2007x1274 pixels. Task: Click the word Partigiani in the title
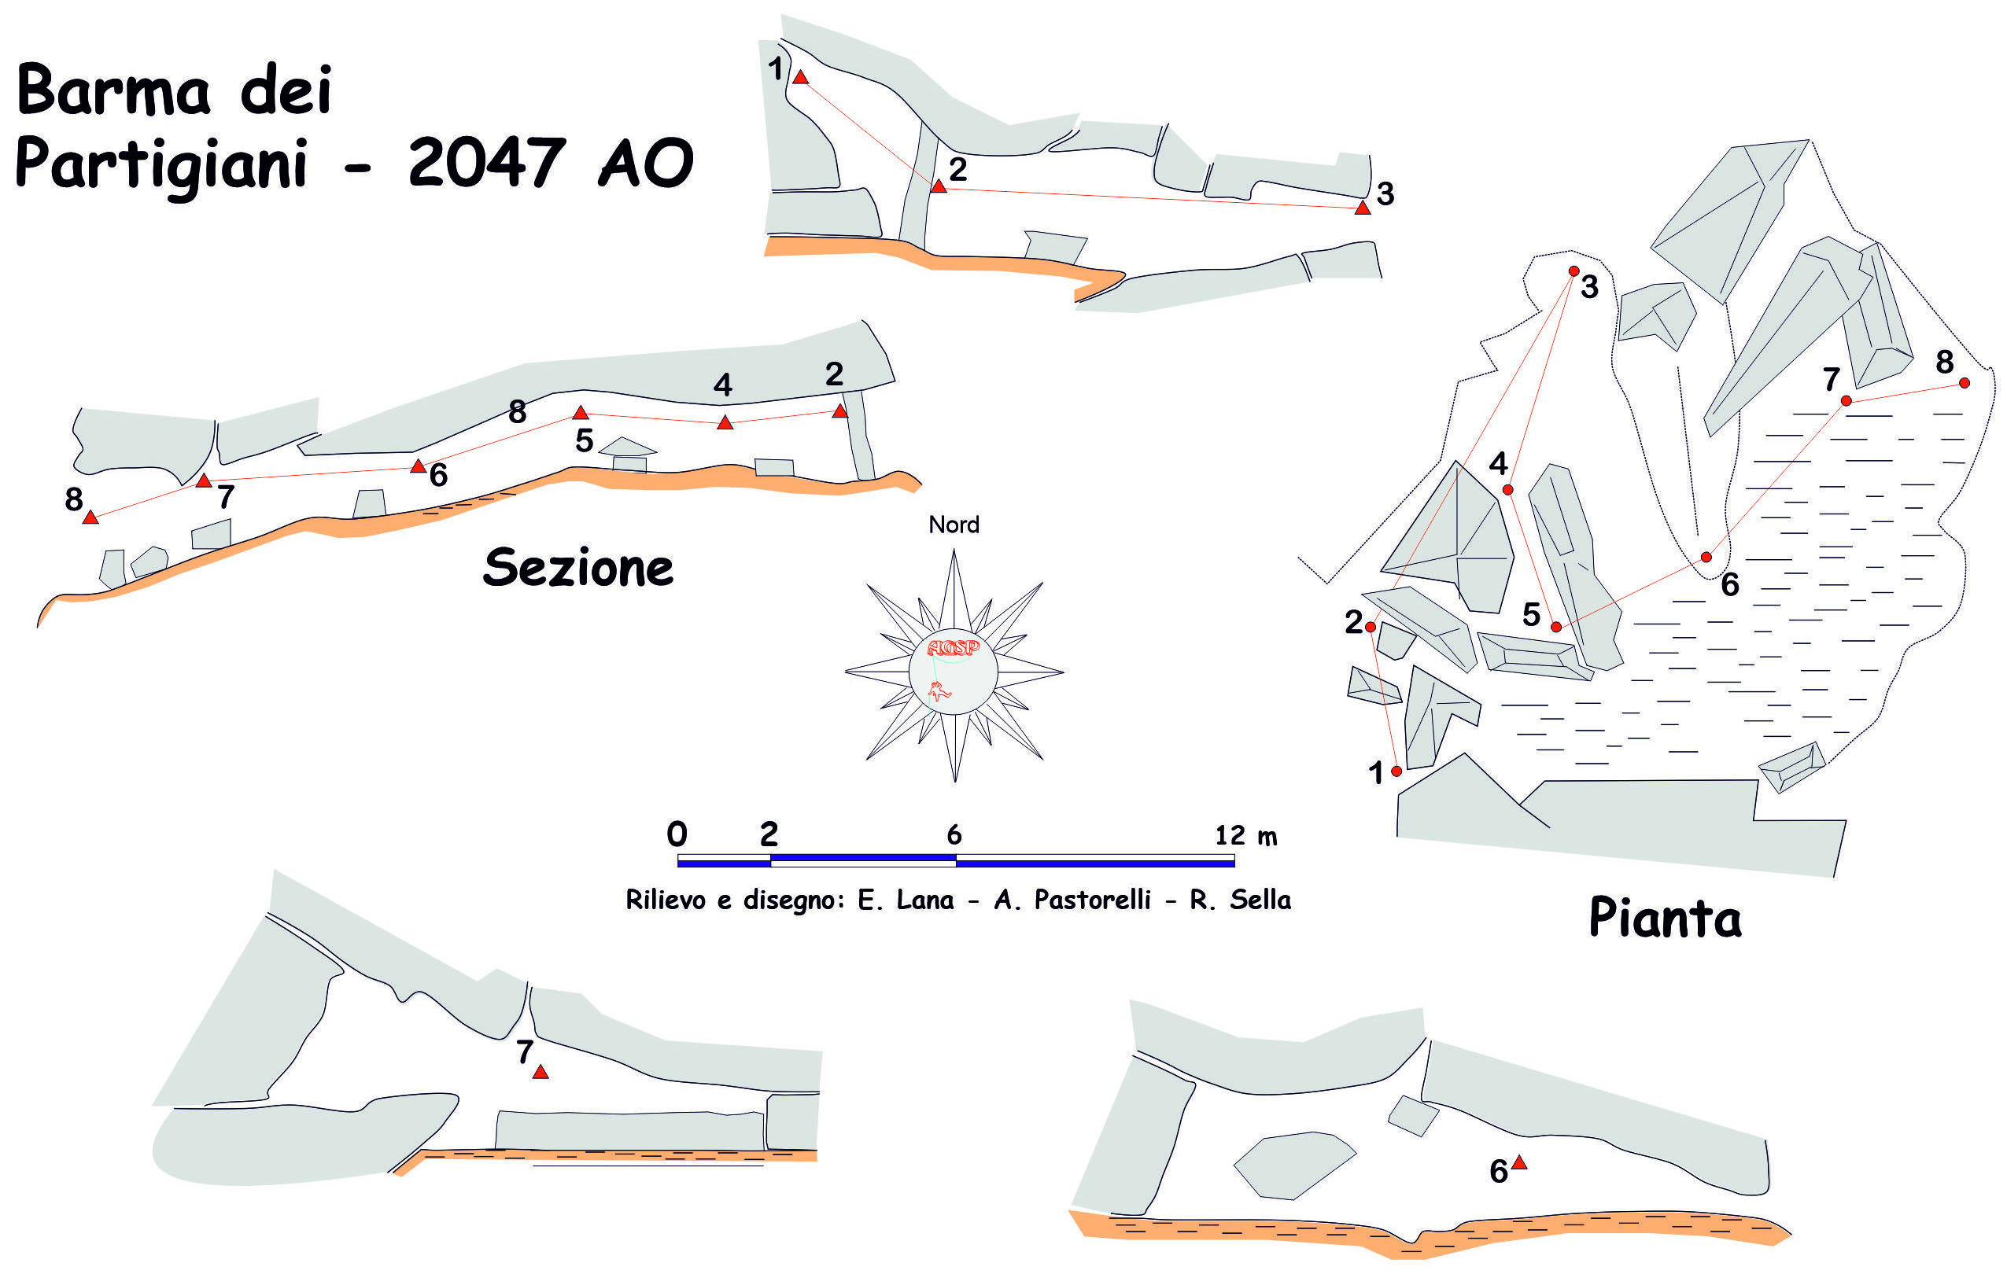point(160,164)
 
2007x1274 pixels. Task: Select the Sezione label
point(577,569)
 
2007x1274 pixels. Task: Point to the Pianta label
point(1665,919)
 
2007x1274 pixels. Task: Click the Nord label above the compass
point(954,525)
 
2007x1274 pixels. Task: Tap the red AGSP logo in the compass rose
point(953,647)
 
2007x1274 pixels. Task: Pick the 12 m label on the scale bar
point(1245,835)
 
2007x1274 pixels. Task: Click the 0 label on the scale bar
point(677,834)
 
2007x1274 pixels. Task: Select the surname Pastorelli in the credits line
point(1092,900)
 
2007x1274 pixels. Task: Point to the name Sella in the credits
point(1260,900)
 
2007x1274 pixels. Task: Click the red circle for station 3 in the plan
point(1574,271)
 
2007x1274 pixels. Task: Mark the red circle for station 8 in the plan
point(1965,383)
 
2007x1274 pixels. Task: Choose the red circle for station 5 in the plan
point(1556,627)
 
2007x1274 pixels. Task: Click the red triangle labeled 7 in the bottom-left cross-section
point(540,1073)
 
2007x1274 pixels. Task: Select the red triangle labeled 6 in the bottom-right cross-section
point(1518,1162)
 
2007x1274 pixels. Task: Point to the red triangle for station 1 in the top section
point(800,78)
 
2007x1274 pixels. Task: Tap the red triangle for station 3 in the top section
point(1362,208)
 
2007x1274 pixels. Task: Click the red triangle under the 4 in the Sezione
point(725,423)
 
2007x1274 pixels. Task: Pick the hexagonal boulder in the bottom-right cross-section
point(1293,1165)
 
